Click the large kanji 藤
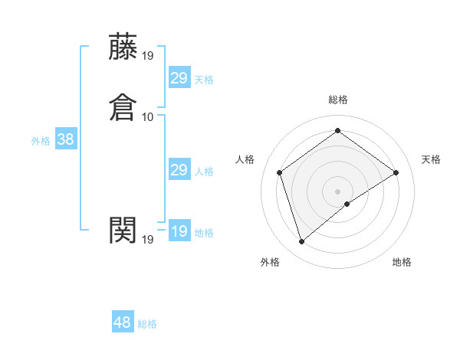tap(123, 47)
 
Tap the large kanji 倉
tap(123, 106)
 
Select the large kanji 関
tap(123, 229)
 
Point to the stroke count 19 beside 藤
tap(148, 56)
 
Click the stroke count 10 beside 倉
tap(148, 116)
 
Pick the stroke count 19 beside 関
tap(148, 240)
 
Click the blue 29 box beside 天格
tap(179, 78)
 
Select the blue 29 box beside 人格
tap(179, 170)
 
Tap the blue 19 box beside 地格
tap(179, 231)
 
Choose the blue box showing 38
tap(65, 139)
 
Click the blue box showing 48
tap(123, 322)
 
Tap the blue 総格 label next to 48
tap(147, 324)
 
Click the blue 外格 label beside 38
tap(41, 141)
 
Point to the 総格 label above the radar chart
tap(338, 100)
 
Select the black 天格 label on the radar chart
tap(431, 159)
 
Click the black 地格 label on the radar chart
tap(402, 262)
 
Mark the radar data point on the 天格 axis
tap(396, 172)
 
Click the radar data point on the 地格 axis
tap(347, 204)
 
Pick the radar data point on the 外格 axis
tap(301, 242)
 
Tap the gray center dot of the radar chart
tap(338, 191)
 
